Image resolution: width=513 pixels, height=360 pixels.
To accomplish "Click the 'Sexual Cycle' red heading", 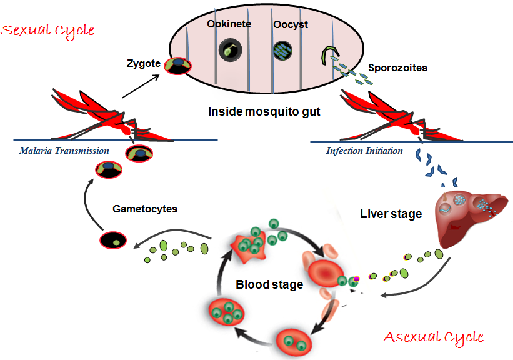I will coord(48,29).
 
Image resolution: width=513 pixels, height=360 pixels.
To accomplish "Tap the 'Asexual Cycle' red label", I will coord(434,337).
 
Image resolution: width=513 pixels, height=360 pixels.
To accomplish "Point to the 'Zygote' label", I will coord(144,62).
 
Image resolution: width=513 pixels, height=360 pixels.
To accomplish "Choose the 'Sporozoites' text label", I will coord(397,67).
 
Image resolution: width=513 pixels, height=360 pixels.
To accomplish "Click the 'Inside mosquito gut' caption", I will coord(264,112).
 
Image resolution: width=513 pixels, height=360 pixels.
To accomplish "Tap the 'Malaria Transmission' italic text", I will coord(64,151).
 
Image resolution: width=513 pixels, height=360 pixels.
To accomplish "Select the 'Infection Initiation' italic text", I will coord(364,151).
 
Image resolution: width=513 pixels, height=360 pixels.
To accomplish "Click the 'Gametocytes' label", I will coord(145,209).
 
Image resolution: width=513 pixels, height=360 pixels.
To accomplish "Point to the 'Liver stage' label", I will coord(391,214).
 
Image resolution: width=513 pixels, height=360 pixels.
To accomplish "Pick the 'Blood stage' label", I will coord(269,284).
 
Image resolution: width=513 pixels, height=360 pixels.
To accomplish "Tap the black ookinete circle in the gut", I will coord(231,50).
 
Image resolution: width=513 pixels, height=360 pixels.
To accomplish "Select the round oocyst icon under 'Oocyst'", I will coord(282,50).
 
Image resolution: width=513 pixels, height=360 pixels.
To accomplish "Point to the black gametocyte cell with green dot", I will coord(113,241).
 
